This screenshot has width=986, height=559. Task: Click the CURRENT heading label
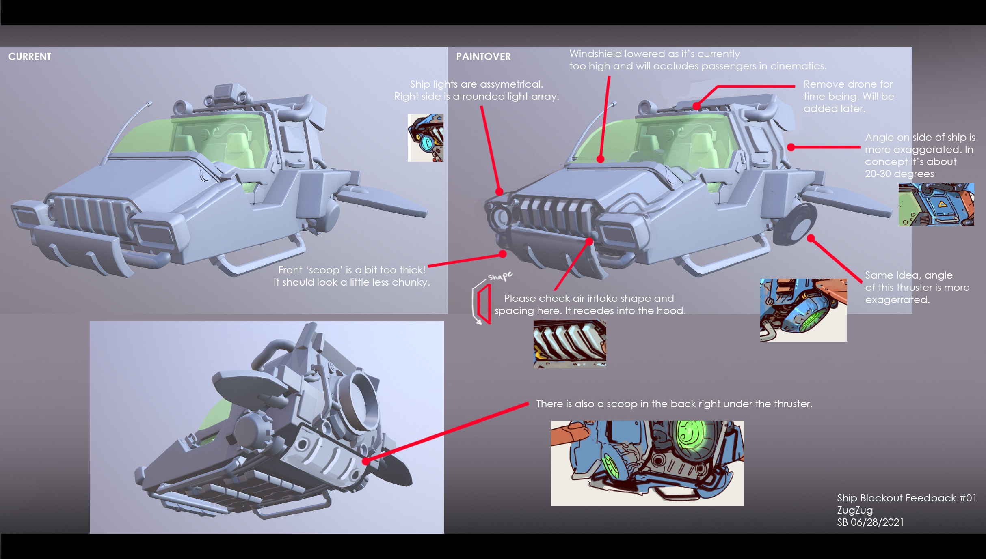(x=30, y=56)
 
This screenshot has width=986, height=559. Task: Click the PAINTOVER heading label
(x=483, y=57)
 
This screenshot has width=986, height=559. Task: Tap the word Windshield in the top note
(x=595, y=54)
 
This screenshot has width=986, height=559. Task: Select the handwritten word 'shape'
(x=500, y=276)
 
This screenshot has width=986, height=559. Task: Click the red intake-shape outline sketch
(x=484, y=304)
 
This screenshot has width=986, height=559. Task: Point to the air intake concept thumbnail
(x=569, y=344)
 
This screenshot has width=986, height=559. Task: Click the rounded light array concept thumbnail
(x=425, y=138)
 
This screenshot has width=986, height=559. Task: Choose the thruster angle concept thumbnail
(x=803, y=310)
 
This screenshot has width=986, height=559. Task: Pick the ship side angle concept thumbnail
(x=936, y=204)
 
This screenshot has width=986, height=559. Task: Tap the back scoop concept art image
(x=647, y=463)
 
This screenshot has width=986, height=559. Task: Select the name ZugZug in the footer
(x=855, y=510)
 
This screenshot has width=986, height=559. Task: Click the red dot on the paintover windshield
(x=600, y=159)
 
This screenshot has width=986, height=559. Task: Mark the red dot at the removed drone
(x=696, y=106)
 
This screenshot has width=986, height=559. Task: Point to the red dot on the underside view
(x=365, y=461)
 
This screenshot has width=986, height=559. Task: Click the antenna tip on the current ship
(x=150, y=103)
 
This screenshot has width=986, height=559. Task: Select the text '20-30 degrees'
(x=899, y=174)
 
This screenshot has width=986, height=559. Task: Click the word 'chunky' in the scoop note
(x=411, y=282)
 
